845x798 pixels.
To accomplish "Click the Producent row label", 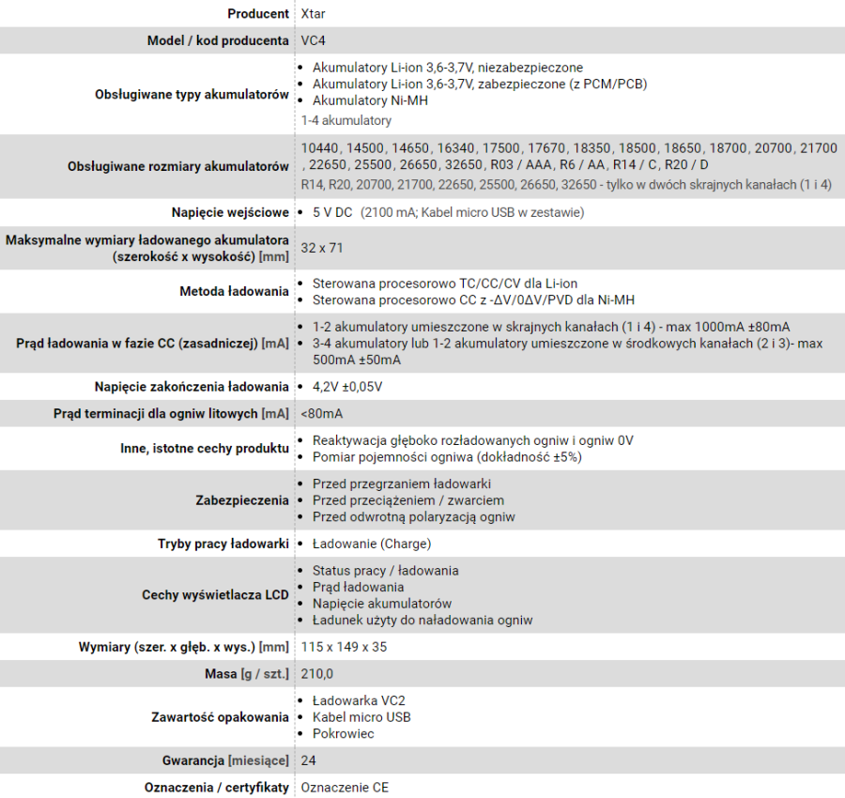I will (x=258, y=14).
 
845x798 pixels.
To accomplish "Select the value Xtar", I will (x=314, y=14).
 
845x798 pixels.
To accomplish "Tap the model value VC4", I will (x=314, y=41).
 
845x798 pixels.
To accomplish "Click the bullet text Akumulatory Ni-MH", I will (x=370, y=100).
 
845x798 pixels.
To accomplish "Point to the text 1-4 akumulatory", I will (x=346, y=120).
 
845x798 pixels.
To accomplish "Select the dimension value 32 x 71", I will (x=322, y=248).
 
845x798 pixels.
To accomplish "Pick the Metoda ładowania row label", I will (x=234, y=291).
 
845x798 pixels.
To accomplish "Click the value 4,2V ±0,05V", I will (x=347, y=387).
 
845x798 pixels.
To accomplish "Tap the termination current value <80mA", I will (x=322, y=414).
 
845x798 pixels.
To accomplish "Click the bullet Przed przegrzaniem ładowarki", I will (x=402, y=483).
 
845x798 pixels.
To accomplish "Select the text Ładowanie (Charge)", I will (x=372, y=544).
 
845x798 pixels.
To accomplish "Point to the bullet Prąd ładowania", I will (x=358, y=587).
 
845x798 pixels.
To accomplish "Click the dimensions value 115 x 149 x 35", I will (x=344, y=647).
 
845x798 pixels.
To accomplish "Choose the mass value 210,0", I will (x=317, y=674).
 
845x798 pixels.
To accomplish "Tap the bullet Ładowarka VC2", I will (x=359, y=700).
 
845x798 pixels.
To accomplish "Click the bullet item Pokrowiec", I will (x=344, y=733).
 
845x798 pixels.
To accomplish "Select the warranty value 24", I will (x=309, y=760).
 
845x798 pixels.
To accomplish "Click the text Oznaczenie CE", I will (x=345, y=787).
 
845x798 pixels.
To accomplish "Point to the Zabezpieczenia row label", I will (x=242, y=500).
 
